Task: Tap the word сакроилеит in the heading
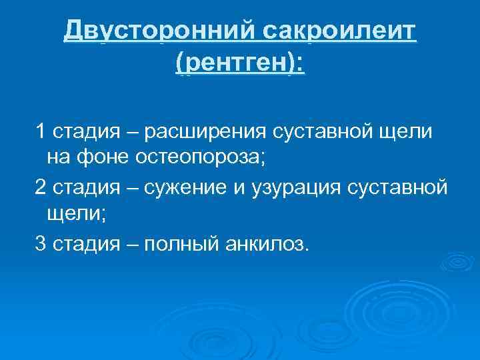339,31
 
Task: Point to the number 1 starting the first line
40,132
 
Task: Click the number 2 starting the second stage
41,188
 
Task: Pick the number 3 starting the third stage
41,244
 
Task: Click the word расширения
207,132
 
